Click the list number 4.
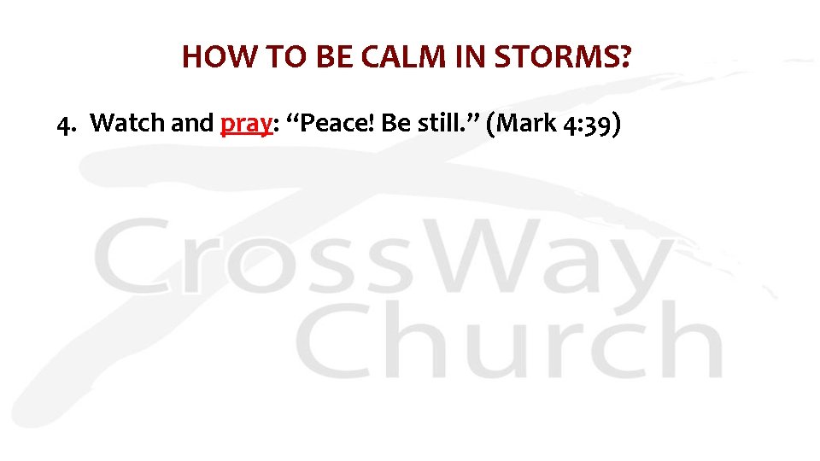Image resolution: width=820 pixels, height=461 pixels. coord(64,124)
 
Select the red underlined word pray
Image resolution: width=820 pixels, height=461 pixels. coord(245,125)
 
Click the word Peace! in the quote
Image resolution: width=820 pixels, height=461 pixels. coord(334,124)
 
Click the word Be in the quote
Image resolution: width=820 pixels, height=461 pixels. coord(396,124)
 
